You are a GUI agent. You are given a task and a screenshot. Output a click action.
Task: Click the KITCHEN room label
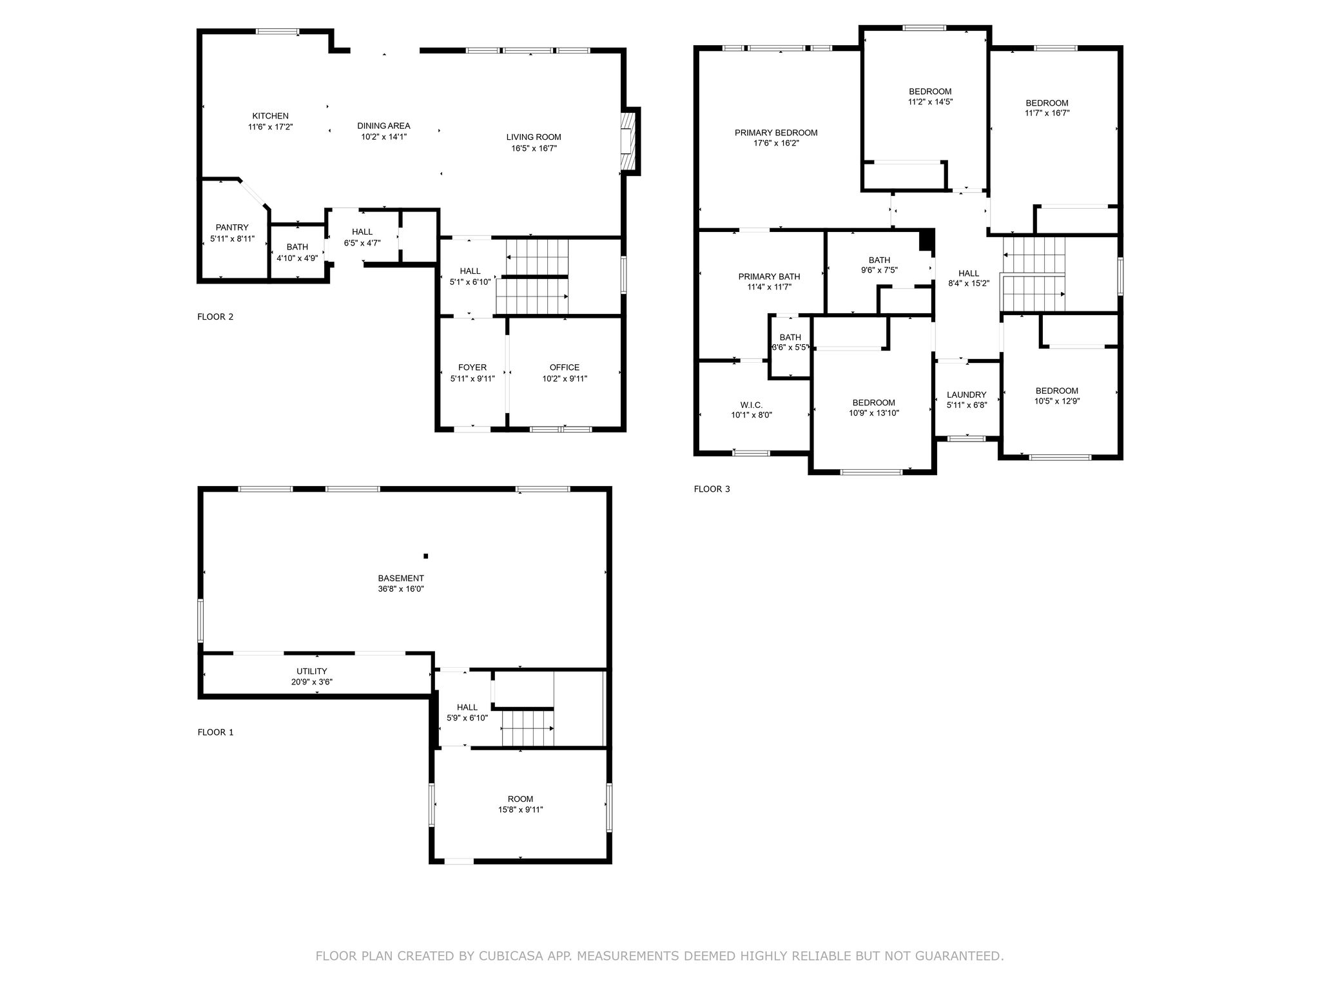(270, 116)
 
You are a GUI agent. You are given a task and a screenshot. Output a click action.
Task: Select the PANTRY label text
(232, 228)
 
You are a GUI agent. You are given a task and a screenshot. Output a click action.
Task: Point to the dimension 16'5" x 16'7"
(534, 148)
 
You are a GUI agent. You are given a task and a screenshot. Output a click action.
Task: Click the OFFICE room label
(565, 367)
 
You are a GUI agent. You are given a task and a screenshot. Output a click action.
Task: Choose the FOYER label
(472, 367)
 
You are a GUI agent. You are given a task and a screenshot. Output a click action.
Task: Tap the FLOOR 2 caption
(215, 316)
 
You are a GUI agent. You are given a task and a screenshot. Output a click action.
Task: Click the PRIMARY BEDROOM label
(776, 133)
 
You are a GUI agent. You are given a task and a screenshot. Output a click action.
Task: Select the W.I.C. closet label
(752, 405)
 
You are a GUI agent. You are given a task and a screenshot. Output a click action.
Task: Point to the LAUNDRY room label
(967, 395)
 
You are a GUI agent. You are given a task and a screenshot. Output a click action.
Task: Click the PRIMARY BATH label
(769, 277)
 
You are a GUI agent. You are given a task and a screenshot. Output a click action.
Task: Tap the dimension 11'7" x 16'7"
(1047, 113)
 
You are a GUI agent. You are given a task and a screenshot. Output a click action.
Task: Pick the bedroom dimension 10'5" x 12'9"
(1057, 401)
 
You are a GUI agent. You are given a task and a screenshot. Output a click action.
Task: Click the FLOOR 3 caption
(712, 489)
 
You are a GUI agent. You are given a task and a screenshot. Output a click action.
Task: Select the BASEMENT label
(401, 578)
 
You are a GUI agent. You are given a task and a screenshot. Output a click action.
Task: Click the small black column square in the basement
(425, 556)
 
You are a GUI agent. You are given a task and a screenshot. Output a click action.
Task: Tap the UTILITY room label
(312, 671)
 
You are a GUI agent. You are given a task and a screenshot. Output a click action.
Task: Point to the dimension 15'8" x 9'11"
(520, 810)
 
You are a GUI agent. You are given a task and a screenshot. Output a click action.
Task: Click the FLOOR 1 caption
(215, 732)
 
